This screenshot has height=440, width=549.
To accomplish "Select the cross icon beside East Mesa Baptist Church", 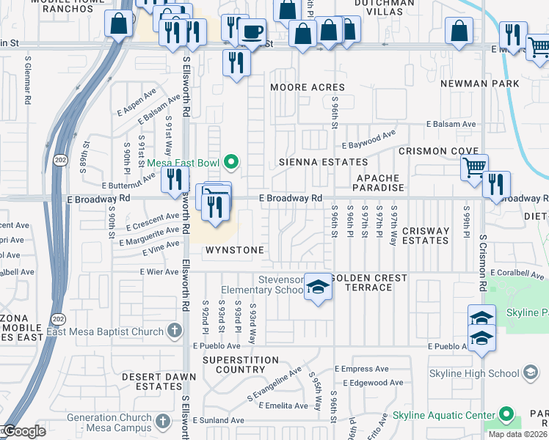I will (x=174, y=331).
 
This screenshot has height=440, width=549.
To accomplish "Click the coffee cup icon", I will (x=252, y=32).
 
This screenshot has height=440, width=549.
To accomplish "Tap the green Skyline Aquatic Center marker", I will (x=506, y=415).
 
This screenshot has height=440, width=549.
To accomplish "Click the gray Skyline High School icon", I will (x=529, y=373).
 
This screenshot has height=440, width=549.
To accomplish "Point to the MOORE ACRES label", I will (x=308, y=87).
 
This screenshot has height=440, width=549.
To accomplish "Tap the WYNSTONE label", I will (x=233, y=250).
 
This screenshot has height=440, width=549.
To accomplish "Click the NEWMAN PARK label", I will (x=479, y=84).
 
